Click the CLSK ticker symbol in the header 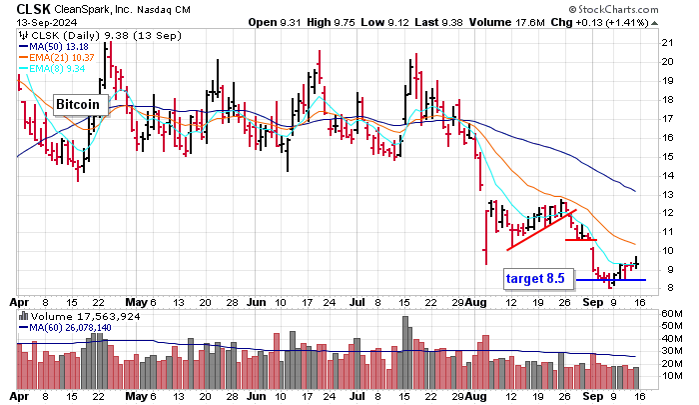(x=37, y=9)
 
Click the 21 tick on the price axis (x=667, y=42)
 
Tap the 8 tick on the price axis (x=665, y=288)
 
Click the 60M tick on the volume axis (x=671, y=313)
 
